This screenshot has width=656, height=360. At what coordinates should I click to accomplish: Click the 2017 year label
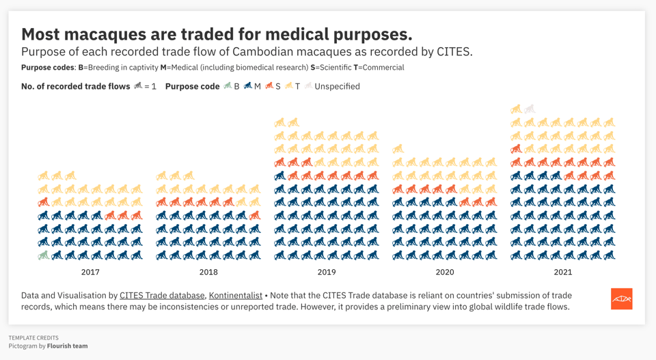[90, 272]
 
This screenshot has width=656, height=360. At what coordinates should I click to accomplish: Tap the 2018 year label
[208, 272]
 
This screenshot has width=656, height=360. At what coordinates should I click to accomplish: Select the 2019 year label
[327, 272]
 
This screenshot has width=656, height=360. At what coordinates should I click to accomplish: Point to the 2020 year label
[445, 272]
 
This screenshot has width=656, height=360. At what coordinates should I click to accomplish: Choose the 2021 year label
[563, 272]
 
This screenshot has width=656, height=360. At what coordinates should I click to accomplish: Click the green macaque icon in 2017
[43, 255]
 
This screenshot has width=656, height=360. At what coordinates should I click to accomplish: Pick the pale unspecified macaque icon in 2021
[530, 109]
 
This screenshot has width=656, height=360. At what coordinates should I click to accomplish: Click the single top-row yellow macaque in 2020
[398, 149]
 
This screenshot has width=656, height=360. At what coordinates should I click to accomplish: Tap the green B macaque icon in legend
[228, 86]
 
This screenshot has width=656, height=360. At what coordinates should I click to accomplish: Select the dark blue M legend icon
[248, 86]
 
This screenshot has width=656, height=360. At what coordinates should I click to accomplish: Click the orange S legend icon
[269, 86]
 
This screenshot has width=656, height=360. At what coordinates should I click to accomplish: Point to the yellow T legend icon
[288, 86]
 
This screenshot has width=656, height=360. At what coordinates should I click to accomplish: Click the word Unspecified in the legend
[337, 87]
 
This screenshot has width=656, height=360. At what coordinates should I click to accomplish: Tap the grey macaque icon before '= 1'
[138, 86]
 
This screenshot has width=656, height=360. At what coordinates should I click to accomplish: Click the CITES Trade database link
[162, 296]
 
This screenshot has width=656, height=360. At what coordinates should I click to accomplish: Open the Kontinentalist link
[236, 296]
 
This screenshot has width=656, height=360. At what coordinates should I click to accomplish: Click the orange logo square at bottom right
[621, 299]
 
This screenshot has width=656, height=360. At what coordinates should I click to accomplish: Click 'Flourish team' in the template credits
[67, 346]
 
